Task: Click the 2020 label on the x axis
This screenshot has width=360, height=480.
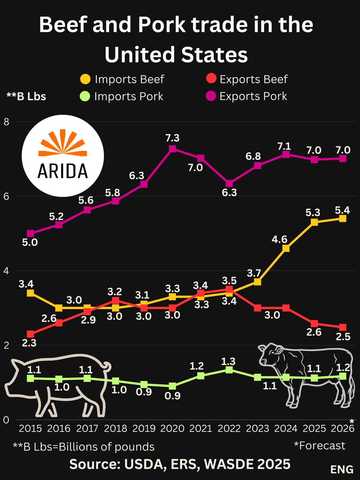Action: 172,428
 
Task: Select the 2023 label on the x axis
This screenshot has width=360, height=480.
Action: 258,428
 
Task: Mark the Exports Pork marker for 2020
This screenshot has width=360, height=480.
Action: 172,149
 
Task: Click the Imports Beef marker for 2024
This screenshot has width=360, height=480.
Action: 286,248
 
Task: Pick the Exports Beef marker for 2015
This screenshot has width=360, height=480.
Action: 30,334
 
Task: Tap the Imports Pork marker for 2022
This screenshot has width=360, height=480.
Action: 229,370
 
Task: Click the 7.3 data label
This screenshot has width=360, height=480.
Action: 172,138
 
